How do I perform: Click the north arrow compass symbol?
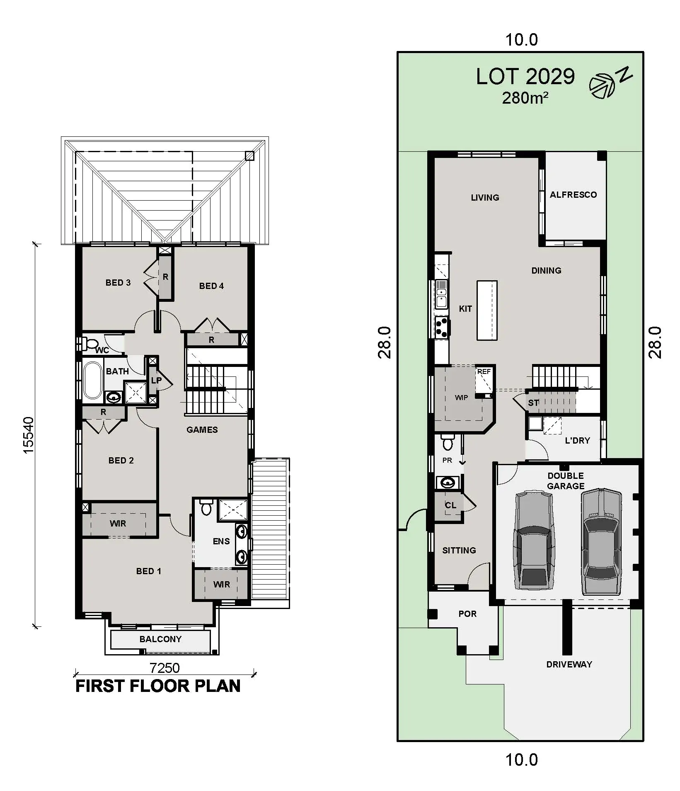tap(601, 86)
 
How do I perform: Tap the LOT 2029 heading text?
tap(525, 77)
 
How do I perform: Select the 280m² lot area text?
tap(525, 98)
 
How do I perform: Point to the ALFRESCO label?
tap(573, 195)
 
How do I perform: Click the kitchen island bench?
tap(486, 311)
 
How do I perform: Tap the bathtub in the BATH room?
tap(93, 380)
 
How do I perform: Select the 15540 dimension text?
tap(29, 435)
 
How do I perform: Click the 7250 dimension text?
tap(165, 668)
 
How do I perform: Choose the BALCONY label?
tap(160, 639)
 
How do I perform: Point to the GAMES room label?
tap(202, 430)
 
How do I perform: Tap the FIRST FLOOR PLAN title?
tap(158, 686)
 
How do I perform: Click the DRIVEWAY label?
tap(569, 665)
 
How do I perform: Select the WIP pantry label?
tap(461, 398)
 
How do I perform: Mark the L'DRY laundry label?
tap(577, 441)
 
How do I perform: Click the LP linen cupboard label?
tap(156, 380)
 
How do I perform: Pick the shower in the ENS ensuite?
tap(232, 510)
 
